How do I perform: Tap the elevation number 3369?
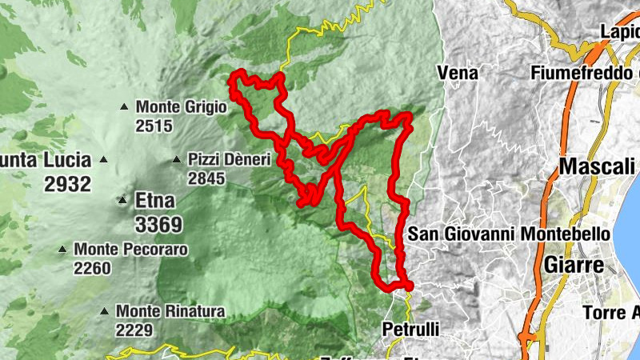[x=158, y=223]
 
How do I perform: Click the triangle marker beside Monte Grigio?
[x=124, y=106]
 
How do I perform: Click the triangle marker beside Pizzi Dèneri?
[x=176, y=159]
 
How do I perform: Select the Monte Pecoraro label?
[x=131, y=250]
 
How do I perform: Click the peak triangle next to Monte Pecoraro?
[x=62, y=250]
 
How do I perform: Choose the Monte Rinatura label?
[x=170, y=310]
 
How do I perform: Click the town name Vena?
[x=458, y=74]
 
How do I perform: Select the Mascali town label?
[x=596, y=168]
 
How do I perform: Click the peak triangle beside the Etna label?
[x=123, y=200]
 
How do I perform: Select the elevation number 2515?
[x=154, y=126]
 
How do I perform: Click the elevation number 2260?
[x=93, y=269]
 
